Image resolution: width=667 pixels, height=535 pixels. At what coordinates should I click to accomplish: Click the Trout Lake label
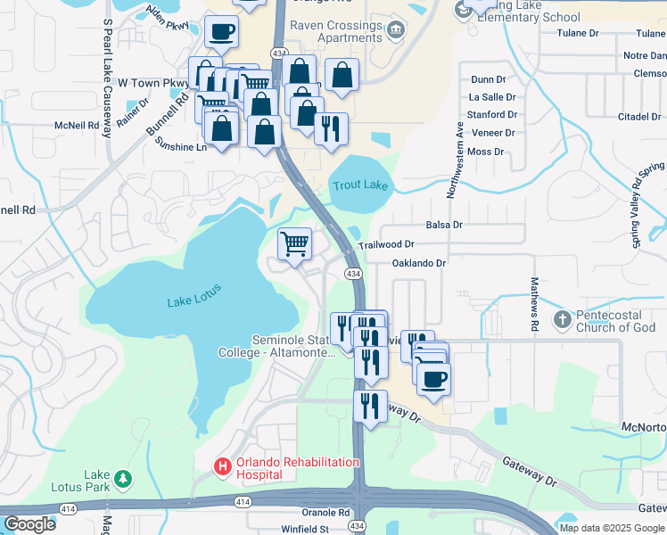click(x=360, y=185)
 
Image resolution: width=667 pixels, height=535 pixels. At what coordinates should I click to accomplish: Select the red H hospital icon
click(x=221, y=465)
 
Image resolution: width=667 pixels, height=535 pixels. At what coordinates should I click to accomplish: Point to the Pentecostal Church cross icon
click(x=563, y=318)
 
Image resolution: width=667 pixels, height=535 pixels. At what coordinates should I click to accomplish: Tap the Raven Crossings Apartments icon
click(x=397, y=31)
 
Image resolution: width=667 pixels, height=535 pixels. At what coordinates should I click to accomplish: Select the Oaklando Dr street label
click(x=418, y=263)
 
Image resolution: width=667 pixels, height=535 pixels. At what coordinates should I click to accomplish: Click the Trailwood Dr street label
click(x=386, y=243)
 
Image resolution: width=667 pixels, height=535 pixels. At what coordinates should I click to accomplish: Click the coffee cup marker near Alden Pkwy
click(x=221, y=33)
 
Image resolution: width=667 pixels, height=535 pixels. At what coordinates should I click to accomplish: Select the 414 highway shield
click(x=243, y=502)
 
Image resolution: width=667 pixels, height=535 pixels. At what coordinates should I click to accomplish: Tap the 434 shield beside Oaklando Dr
click(x=354, y=274)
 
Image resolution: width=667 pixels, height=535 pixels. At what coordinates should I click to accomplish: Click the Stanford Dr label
click(x=493, y=115)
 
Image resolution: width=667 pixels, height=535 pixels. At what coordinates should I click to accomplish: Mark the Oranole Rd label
click(x=325, y=513)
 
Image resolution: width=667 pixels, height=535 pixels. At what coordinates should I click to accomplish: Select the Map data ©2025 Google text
click(x=611, y=528)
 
